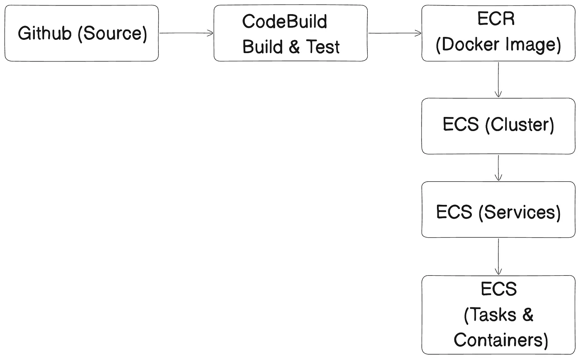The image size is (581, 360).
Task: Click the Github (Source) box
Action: (82, 33)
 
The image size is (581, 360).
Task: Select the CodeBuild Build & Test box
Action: (290, 33)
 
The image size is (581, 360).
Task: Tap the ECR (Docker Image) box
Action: (498, 33)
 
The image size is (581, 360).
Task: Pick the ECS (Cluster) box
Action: (498, 126)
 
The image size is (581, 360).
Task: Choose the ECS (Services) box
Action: (498, 209)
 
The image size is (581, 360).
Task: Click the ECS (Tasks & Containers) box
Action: (498, 315)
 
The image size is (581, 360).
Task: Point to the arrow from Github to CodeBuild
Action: (186, 33)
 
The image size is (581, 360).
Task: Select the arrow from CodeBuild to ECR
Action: (395, 33)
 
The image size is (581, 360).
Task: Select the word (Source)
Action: (112, 34)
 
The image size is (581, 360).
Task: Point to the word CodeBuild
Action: (285, 22)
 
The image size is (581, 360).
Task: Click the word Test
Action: (323, 47)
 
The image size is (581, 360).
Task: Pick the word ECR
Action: (496, 19)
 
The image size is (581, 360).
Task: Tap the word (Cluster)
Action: (520, 124)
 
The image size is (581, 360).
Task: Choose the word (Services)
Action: (519, 212)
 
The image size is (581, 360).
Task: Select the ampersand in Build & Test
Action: (294, 47)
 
